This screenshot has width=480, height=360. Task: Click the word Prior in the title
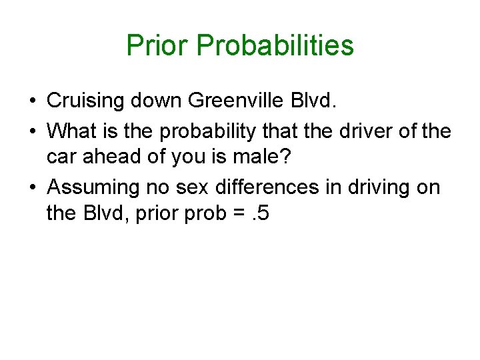159,45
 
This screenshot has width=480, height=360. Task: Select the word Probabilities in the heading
275,46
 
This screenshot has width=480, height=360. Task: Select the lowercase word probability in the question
205,130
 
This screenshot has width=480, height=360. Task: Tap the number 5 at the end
263,215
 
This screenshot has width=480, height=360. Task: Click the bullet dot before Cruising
32,101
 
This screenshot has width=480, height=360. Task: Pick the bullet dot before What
32,130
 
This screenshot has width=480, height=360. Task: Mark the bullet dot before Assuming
32,188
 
